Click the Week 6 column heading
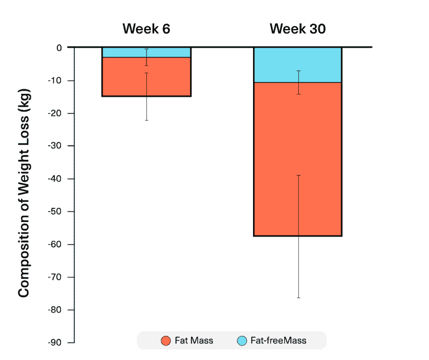(x=146, y=29)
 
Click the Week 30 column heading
(x=297, y=29)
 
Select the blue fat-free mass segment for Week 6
(x=123, y=53)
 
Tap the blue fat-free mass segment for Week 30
(x=274, y=65)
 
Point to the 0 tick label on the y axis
(x=59, y=48)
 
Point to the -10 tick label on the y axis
(x=55, y=80)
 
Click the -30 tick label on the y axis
(x=55, y=146)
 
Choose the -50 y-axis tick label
(x=55, y=211)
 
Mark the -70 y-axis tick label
(x=55, y=277)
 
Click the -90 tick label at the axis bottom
(x=55, y=342)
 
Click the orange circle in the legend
(x=165, y=340)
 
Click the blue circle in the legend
(x=242, y=340)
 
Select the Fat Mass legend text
(x=194, y=340)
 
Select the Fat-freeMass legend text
(x=279, y=340)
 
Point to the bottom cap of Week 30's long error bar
(x=298, y=297)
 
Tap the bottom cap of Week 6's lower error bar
(x=147, y=120)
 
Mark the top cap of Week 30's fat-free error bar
(x=298, y=71)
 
